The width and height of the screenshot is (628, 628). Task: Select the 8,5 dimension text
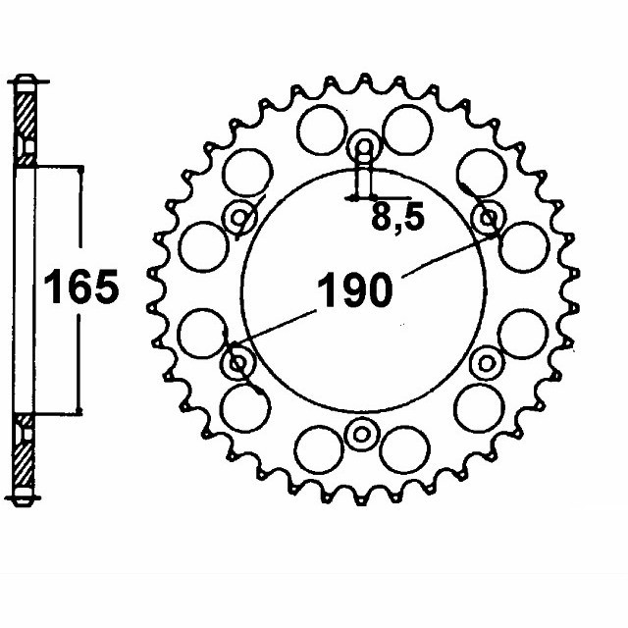click(397, 218)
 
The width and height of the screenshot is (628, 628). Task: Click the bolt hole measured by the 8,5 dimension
click(363, 149)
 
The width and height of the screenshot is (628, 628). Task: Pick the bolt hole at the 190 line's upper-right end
click(489, 217)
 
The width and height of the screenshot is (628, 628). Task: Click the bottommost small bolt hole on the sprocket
click(363, 433)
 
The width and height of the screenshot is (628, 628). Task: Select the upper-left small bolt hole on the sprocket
click(238, 218)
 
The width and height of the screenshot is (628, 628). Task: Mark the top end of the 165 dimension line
click(78, 167)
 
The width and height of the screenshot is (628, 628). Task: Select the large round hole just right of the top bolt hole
click(406, 131)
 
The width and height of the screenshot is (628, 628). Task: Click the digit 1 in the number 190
click(325, 291)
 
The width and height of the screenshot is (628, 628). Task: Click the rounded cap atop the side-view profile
click(26, 79)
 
